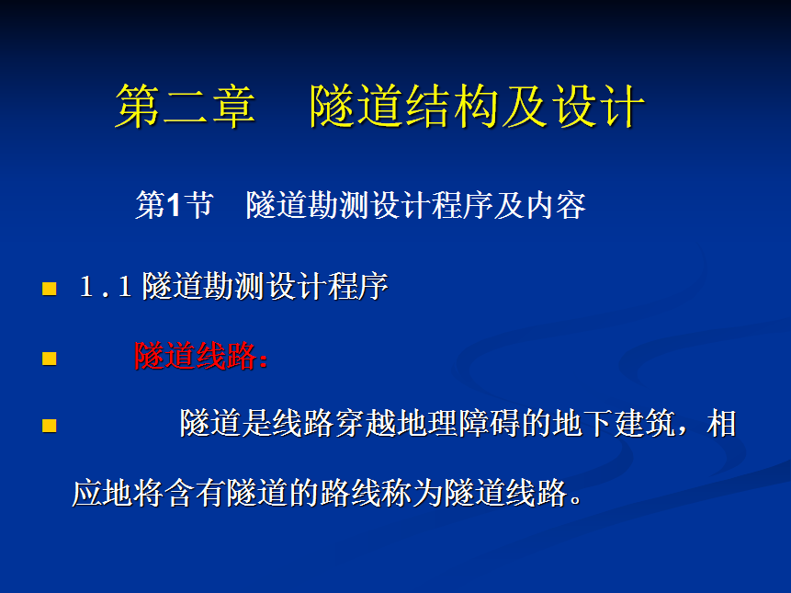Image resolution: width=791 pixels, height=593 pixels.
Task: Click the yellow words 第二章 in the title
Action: coord(186,106)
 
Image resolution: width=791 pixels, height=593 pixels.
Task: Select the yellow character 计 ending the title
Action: coord(621,106)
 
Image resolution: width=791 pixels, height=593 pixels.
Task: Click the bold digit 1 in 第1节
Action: coord(174,205)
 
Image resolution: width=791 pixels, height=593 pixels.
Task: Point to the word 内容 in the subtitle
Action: coord(556,205)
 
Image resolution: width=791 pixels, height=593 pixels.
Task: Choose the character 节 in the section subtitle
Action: coord(198,205)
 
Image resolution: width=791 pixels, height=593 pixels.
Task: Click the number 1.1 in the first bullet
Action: coord(106,287)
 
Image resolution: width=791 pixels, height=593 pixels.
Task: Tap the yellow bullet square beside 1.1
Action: coord(50,289)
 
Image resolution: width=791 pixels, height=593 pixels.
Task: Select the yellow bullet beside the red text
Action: coord(50,359)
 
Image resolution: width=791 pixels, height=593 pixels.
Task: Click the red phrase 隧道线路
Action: coord(196,356)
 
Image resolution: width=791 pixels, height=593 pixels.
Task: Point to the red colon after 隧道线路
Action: coord(263,359)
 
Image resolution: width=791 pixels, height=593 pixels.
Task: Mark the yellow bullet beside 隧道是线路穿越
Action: coord(50,426)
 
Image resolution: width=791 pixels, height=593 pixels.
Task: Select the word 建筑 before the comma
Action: coord(644,423)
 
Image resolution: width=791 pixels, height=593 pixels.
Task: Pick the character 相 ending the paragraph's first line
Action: coord(721,423)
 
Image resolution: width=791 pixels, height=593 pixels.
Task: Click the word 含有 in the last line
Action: coord(194,493)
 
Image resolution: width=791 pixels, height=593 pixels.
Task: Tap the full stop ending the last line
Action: coord(574,499)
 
